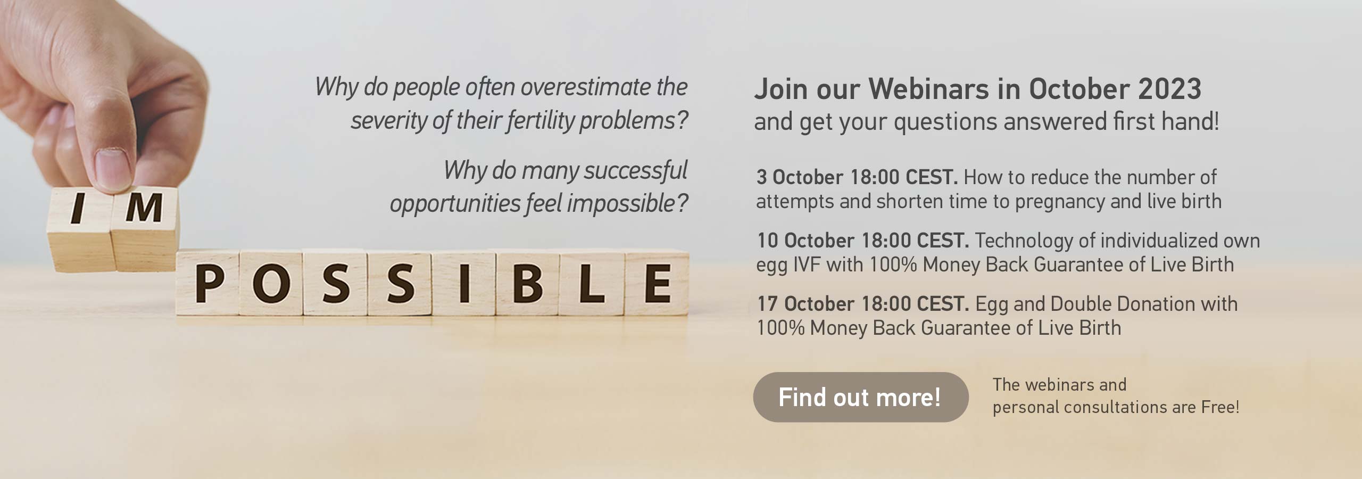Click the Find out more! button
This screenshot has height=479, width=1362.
pos(860,397)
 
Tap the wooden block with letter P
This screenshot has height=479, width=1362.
pos(208,283)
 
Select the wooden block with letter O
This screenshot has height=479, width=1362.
pos(271,283)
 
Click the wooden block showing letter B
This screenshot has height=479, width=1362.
pos(527,283)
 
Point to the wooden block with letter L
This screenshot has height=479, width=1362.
pos(592,283)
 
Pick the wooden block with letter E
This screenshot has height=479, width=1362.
pos(657,283)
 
